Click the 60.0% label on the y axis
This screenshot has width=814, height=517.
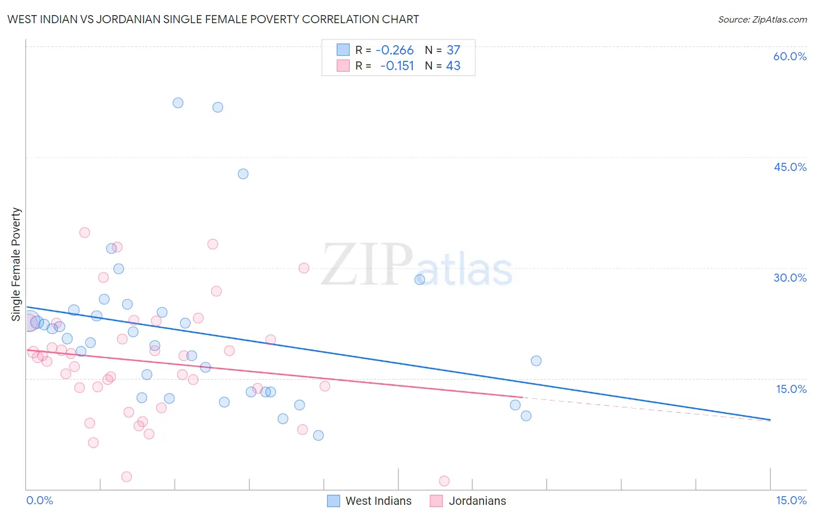(x=790, y=56)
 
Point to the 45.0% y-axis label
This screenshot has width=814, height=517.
(x=790, y=167)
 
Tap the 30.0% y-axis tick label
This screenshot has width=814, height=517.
(x=790, y=278)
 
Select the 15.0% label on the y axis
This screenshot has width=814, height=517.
(x=791, y=389)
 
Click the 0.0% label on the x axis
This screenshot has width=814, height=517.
(x=39, y=500)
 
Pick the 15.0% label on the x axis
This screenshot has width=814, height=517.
(x=791, y=500)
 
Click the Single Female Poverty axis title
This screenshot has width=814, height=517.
(x=16, y=264)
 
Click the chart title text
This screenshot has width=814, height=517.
(x=213, y=19)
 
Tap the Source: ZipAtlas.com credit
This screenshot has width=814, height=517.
(x=762, y=20)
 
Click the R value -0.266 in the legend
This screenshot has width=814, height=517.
(x=394, y=50)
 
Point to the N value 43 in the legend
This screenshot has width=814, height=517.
(x=453, y=66)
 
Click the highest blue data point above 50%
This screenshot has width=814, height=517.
(x=178, y=103)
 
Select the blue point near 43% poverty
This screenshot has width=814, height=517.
(x=243, y=174)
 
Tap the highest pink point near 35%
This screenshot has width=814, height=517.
(x=85, y=232)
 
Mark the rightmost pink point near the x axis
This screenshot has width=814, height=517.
(x=444, y=480)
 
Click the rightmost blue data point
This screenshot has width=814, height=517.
(x=536, y=361)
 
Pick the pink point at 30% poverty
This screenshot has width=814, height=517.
(x=304, y=268)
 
